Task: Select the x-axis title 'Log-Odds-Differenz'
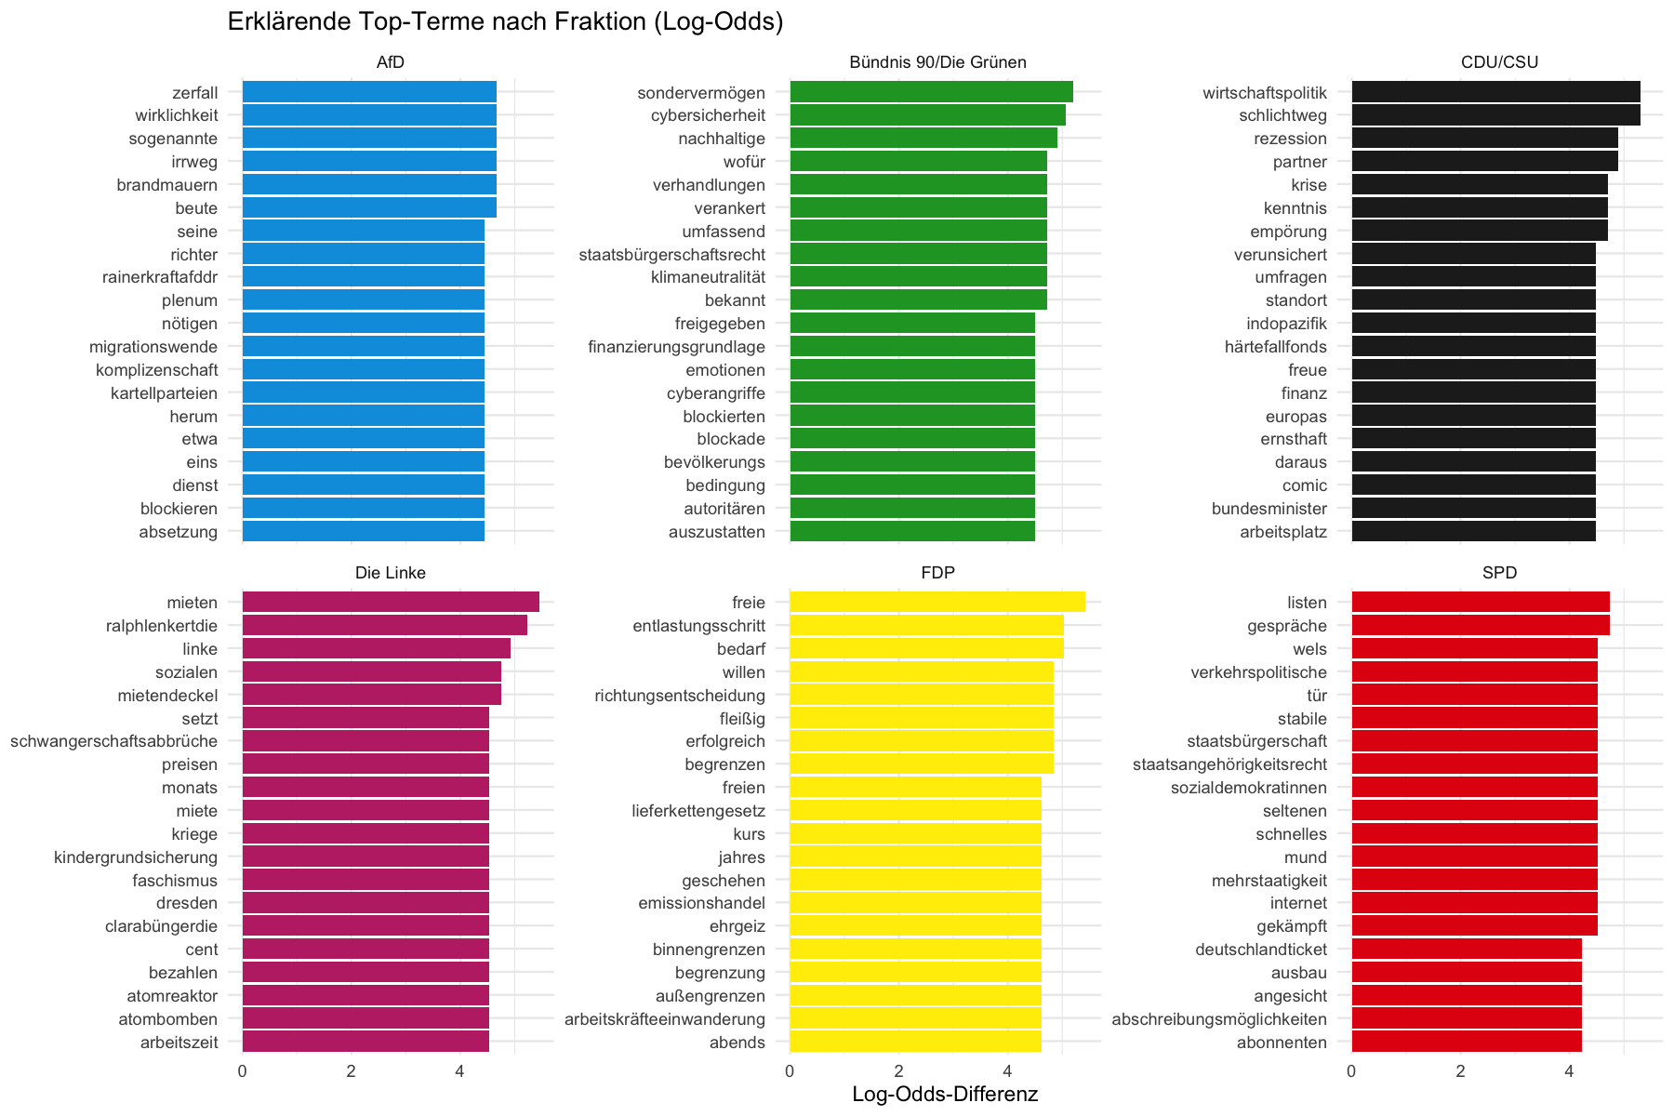pyautogui.click(x=945, y=1095)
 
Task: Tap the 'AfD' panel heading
pyautogui.click(x=391, y=62)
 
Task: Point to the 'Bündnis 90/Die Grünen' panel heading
pyautogui.click(x=937, y=62)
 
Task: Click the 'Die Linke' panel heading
pyautogui.click(x=391, y=573)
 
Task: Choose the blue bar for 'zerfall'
pyautogui.click(x=369, y=92)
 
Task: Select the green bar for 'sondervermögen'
pyautogui.click(x=931, y=92)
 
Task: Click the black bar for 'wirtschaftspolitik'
pyautogui.click(x=1495, y=92)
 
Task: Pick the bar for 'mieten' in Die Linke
pyautogui.click(x=391, y=603)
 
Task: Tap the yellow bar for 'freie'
pyautogui.click(x=937, y=603)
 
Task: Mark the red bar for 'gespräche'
pyautogui.click(x=1481, y=626)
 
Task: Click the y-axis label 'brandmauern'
pyautogui.click(x=167, y=185)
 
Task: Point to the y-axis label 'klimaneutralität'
pyautogui.click(x=709, y=277)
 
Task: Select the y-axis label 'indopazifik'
pyautogui.click(x=1287, y=324)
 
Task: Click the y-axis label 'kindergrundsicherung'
pyautogui.click(x=136, y=857)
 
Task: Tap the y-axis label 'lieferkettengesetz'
pyautogui.click(x=699, y=811)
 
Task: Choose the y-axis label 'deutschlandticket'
pyautogui.click(x=1261, y=950)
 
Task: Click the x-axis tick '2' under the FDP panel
pyautogui.click(x=898, y=1071)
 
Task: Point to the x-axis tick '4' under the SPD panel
pyautogui.click(x=1569, y=1071)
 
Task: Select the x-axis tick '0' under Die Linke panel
pyautogui.click(x=243, y=1071)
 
